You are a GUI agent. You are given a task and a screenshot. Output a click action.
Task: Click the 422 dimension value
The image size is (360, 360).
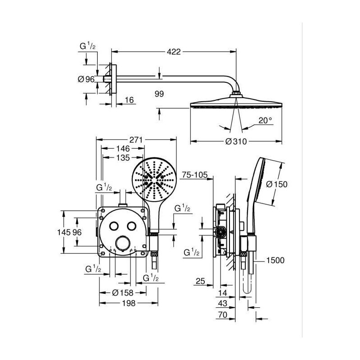point(174,52)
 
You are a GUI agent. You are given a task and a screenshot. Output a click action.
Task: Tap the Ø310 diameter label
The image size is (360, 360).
point(236,141)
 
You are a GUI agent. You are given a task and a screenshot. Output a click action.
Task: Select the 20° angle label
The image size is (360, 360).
point(265,120)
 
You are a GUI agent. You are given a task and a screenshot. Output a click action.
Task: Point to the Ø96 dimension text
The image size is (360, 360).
point(86,79)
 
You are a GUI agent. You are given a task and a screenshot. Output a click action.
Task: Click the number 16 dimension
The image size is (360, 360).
point(129,100)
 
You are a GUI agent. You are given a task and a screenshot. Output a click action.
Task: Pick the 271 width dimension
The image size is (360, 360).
point(136,139)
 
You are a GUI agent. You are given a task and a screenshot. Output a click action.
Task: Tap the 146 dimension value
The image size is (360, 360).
point(123,148)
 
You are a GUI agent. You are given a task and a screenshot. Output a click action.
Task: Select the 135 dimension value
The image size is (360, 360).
point(123,158)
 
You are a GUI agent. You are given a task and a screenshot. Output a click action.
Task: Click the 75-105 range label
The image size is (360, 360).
point(195,175)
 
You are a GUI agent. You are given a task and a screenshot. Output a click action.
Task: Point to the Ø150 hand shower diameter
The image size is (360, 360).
point(277,184)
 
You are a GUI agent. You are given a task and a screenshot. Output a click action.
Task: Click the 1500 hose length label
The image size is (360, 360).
point(275,261)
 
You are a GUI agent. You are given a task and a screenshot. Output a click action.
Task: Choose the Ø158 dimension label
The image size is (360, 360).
point(122,293)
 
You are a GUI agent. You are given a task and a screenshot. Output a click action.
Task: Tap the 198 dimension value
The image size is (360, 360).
point(129,303)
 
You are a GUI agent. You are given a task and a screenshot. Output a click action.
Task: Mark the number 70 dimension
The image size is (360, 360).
point(223,315)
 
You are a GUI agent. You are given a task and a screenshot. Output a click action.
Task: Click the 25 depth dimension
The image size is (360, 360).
point(200,281)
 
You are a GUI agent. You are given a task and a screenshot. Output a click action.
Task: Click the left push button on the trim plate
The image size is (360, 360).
point(114,226)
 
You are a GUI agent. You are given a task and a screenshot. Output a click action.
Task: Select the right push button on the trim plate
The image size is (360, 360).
point(132,226)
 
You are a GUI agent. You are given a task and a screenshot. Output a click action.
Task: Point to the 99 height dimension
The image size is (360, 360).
point(159,94)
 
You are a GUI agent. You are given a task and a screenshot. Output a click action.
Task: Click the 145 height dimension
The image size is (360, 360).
point(64,232)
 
